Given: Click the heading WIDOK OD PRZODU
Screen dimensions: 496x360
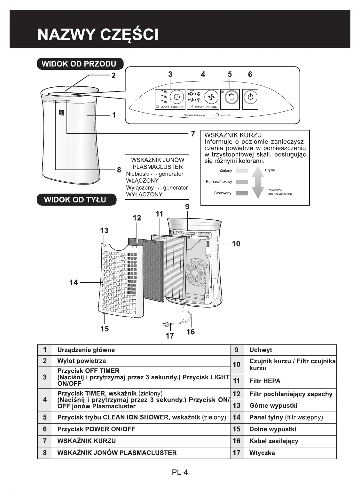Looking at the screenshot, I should coord(80,64).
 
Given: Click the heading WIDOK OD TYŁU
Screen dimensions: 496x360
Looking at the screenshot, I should coord(76,200).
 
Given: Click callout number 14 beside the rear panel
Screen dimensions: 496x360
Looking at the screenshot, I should coord(74,283).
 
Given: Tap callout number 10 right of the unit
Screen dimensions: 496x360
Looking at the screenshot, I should coord(236,244).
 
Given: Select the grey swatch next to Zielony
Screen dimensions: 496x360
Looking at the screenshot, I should coord(242,171).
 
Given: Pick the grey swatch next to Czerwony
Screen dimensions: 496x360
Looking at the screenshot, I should coord(242,193).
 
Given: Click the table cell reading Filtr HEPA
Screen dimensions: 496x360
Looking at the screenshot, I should coord(265,381).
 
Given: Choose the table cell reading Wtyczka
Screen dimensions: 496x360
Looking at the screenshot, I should coord(262,453).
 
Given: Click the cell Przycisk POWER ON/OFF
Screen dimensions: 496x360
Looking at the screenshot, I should coord(96,429).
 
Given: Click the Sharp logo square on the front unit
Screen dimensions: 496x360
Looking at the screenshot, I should coord(61,113).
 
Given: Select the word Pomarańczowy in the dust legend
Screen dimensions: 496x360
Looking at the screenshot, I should coord(219,182).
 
